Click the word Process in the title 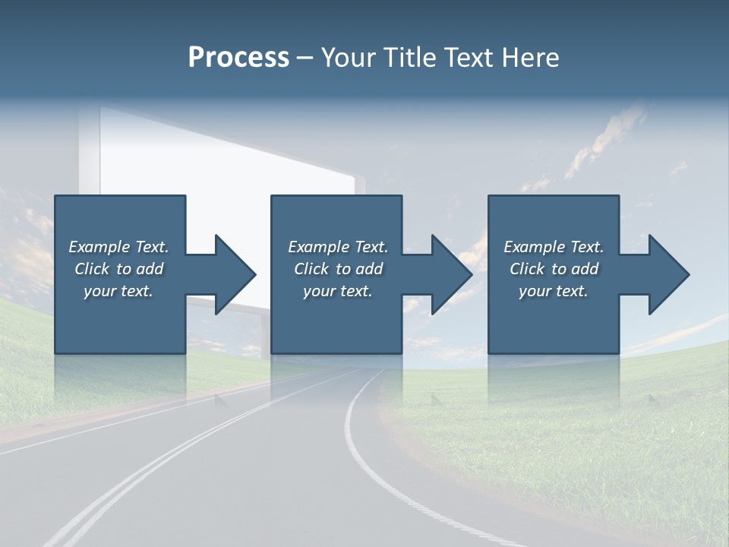coord(238,58)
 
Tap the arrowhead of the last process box coord(667,274)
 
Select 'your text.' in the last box coord(554,291)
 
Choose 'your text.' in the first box coord(118,291)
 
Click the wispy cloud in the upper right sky coord(607,137)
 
